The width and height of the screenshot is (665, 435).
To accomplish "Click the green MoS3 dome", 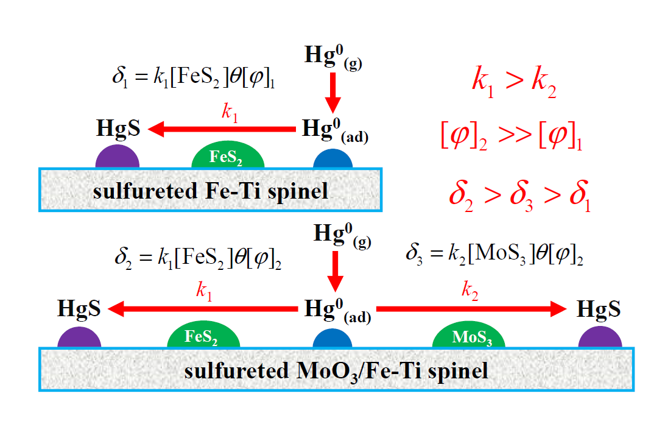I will pyautogui.click(x=468, y=337).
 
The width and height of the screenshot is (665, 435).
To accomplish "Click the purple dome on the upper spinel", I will pyautogui.click(x=118, y=158).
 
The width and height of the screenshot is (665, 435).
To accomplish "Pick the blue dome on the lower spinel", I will pyautogui.click(x=332, y=339).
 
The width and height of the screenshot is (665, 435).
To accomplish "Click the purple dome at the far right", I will pyautogui.click(x=600, y=338).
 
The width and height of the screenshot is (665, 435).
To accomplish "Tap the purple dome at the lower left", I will pyautogui.click(x=79, y=338).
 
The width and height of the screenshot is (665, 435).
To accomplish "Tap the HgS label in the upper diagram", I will pyautogui.click(x=118, y=129).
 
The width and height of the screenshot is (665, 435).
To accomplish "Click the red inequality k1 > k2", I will pyautogui.click(x=513, y=82).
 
